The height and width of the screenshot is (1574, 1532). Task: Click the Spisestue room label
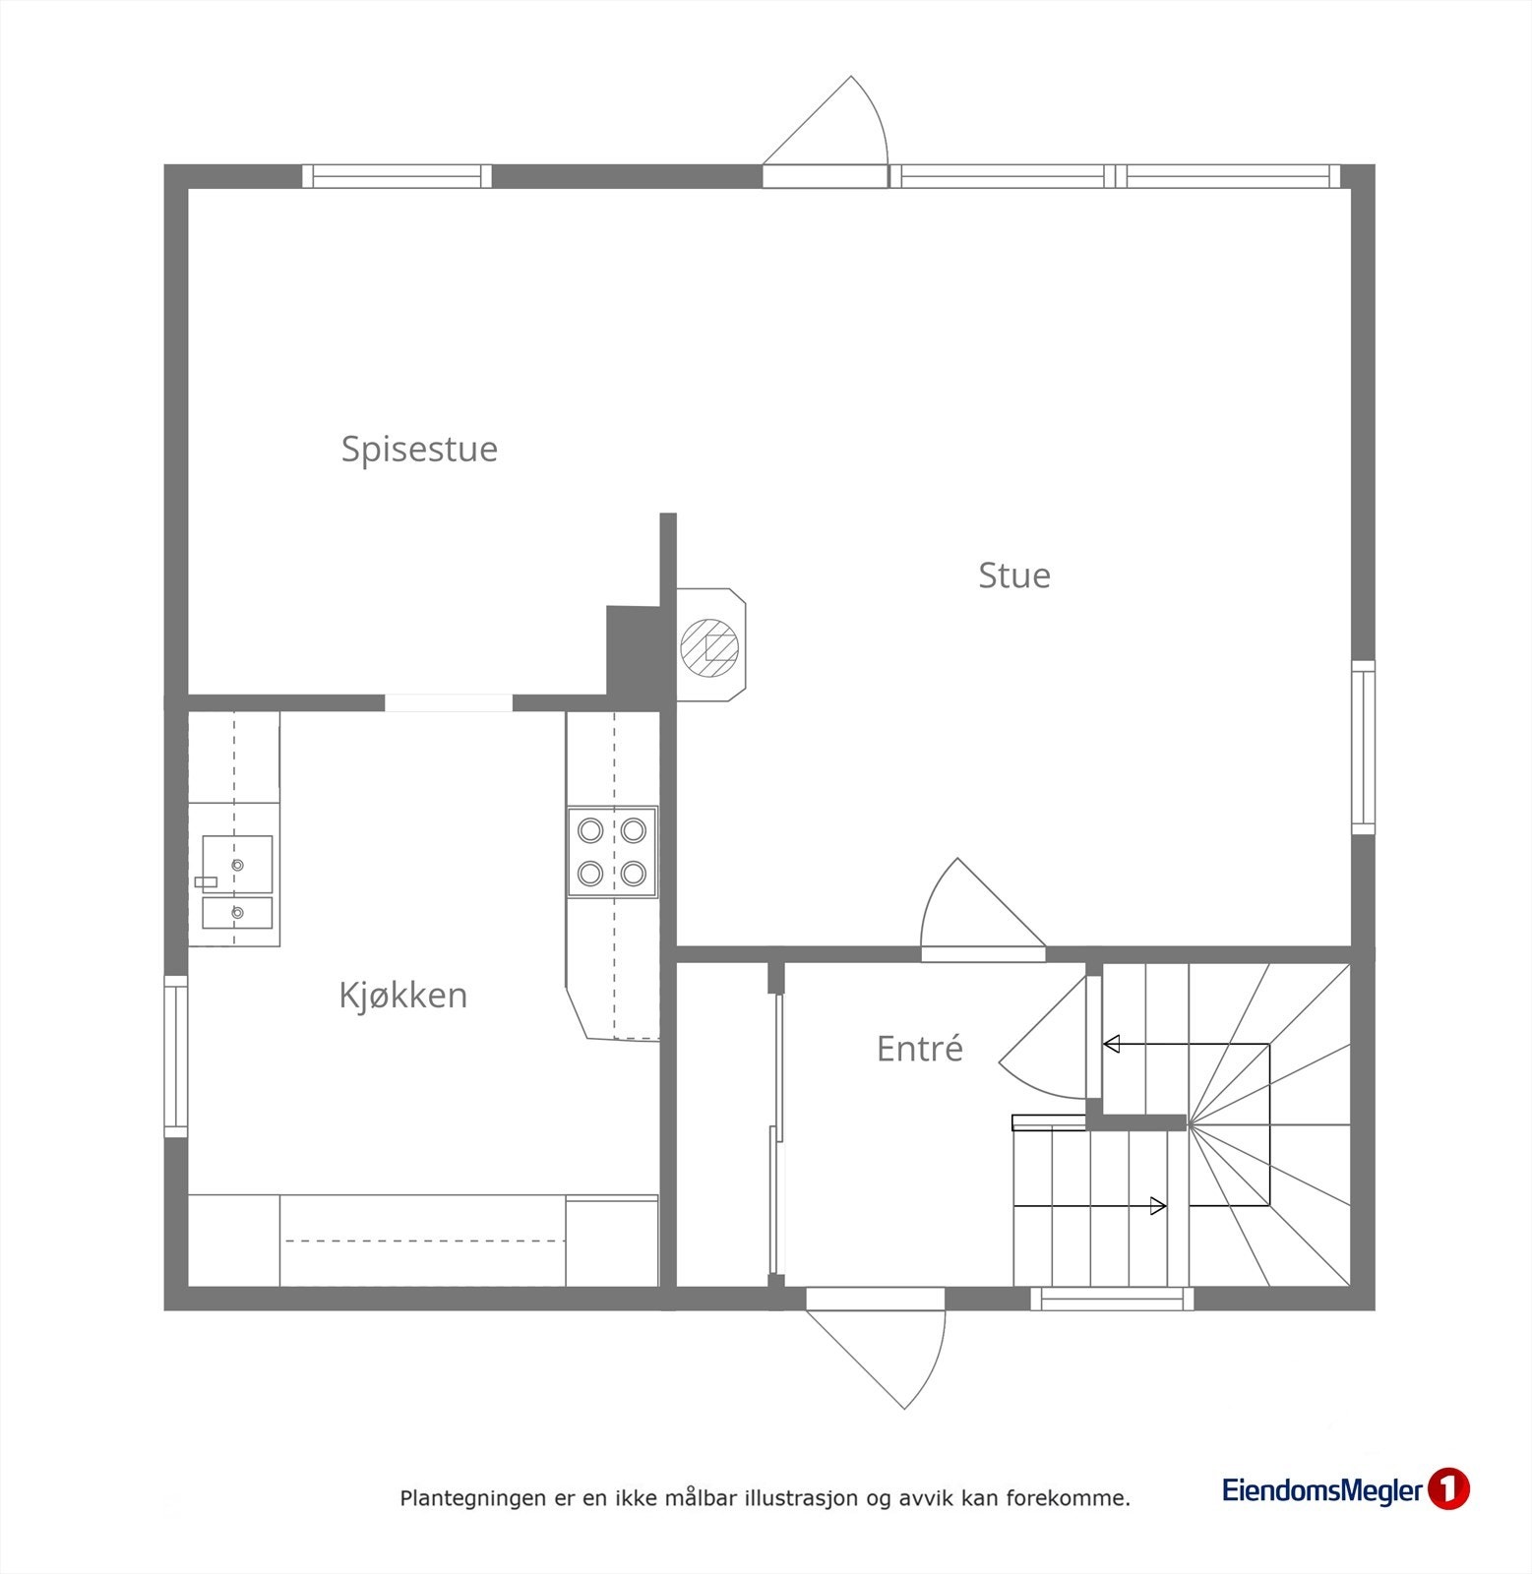[419, 449]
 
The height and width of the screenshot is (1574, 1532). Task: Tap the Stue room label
[1013, 575]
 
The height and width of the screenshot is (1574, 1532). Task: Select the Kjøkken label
[402, 996]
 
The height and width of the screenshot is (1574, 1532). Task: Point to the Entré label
[919, 1049]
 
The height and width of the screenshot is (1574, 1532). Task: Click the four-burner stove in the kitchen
[612, 852]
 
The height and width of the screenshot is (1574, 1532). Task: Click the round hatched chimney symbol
[709, 647]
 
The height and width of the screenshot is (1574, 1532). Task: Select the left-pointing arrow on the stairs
[1113, 1044]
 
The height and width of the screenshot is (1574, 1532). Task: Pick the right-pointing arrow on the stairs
[1158, 1206]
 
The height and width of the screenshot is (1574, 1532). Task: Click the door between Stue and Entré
[974, 910]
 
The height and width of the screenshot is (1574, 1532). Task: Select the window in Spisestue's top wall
[396, 176]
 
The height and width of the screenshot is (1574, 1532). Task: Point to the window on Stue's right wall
[1363, 748]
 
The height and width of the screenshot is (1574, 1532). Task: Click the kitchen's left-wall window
[175, 1057]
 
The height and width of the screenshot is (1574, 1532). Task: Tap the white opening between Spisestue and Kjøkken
[448, 702]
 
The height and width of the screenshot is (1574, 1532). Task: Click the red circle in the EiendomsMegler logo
[1447, 1489]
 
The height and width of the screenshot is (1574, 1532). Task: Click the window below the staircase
[1112, 1300]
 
